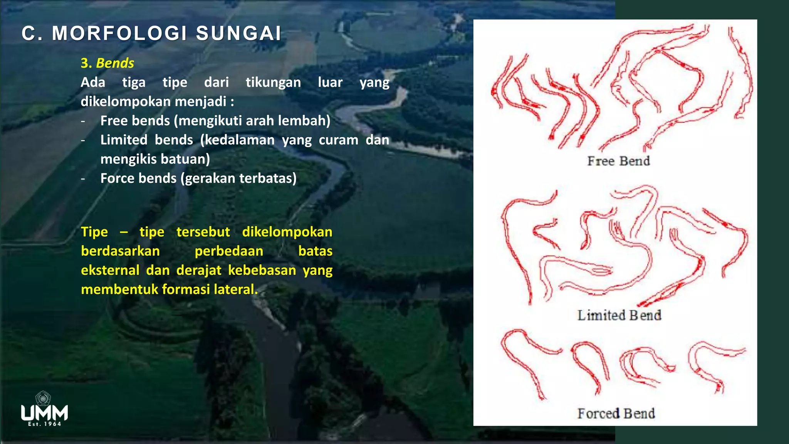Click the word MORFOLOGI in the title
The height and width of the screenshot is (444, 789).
pos(120,34)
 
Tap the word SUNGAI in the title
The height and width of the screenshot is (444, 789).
pos(238,34)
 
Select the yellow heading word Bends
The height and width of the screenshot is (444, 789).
pos(115,63)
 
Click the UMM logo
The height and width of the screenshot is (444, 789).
pos(44,409)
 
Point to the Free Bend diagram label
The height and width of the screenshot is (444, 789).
pos(618,161)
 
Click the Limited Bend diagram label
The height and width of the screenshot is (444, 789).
pos(619,315)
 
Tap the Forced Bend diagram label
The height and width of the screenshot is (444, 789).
pos(616,414)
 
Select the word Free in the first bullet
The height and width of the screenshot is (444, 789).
pos(114,121)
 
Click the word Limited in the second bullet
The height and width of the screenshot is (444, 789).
pos(124,140)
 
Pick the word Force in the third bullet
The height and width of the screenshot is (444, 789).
pos(117,178)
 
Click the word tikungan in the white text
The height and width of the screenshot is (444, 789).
pos(273,82)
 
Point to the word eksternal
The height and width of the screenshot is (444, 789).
pos(110,270)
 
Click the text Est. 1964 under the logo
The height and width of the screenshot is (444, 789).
pos(44,424)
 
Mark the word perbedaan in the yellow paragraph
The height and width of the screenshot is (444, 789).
pos(229,251)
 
